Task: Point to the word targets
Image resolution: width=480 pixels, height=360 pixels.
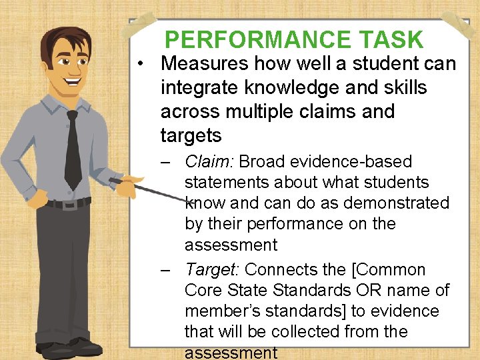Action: click(191, 136)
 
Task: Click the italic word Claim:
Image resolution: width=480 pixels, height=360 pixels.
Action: click(209, 161)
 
